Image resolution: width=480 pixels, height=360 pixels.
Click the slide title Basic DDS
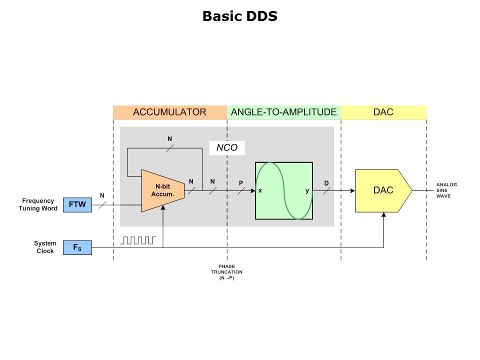pyautogui.click(x=239, y=16)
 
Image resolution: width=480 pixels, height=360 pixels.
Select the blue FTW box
pyautogui.click(x=77, y=205)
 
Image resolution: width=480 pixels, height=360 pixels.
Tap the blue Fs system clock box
pyautogui.click(x=77, y=247)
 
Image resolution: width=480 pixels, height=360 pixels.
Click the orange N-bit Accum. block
pyautogui.click(x=162, y=190)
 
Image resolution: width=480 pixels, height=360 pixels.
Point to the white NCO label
pyautogui.click(x=226, y=147)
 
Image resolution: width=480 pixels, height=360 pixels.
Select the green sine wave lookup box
pyautogui.click(x=283, y=190)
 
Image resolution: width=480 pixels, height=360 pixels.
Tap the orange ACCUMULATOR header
pyautogui.click(x=169, y=112)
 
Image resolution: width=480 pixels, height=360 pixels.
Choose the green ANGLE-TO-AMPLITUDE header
pyautogui.click(x=283, y=112)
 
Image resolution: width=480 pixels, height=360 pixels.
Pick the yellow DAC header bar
pyautogui.click(x=383, y=112)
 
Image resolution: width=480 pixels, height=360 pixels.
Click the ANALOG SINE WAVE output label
pyautogui.click(x=446, y=190)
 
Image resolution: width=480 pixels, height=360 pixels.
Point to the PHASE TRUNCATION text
pyautogui.click(x=226, y=272)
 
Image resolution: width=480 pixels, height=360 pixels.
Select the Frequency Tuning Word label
pyautogui.click(x=38, y=204)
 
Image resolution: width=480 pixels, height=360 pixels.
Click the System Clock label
pyautogui.click(x=44, y=247)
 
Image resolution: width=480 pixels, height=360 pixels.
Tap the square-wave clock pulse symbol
pyautogui.click(x=138, y=240)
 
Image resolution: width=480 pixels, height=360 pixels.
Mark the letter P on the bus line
pyautogui.click(x=240, y=183)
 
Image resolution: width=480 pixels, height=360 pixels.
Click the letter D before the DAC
pyautogui.click(x=326, y=183)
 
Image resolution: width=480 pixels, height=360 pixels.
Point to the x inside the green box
pyautogui.click(x=260, y=191)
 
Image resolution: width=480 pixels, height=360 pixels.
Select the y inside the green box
pyautogui.click(x=307, y=191)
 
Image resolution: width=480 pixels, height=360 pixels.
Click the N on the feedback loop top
pyautogui.click(x=169, y=138)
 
